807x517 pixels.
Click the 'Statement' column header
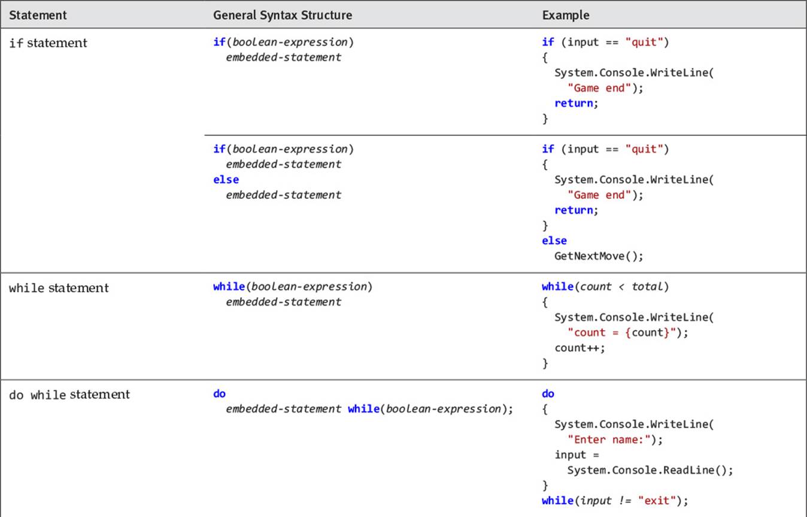tap(38, 15)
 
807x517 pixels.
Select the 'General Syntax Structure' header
tap(283, 15)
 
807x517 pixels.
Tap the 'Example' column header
tap(566, 15)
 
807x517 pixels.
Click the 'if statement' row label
tap(48, 43)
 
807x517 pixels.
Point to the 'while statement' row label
tap(59, 288)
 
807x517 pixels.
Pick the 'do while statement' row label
tap(69, 394)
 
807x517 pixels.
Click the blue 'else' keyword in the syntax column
tap(226, 180)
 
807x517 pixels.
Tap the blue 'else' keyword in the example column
tap(554, 240)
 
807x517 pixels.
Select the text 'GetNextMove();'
tap(599, 256)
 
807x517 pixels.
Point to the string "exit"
tap(657, 500)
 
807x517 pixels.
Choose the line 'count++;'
tap(580, 348)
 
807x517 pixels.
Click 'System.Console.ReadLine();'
tap(650, 470)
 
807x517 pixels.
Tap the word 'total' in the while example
tap(647, 286)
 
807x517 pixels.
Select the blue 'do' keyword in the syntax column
tap(219, 394)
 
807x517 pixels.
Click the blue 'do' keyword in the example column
tap(548, 394)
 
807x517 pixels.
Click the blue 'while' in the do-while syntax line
tap(363, 409)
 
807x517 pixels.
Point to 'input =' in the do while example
tap(577, 455)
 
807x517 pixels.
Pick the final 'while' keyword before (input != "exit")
tap(557, 500)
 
